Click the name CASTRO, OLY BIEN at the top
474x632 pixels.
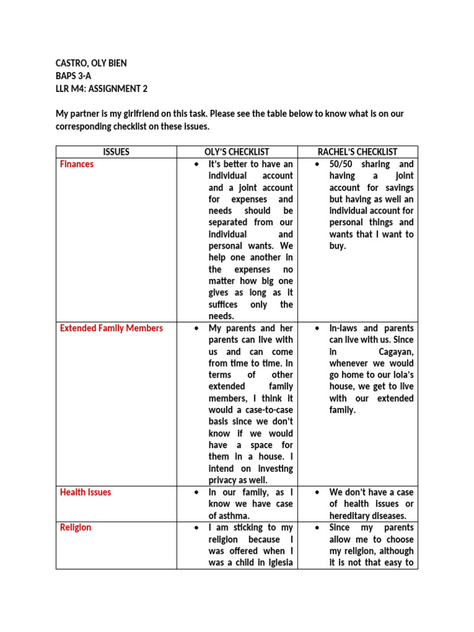(91, 64)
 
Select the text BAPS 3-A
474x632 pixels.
(74, 76)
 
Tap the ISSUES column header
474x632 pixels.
(116, 152)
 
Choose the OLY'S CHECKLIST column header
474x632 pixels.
(237, 152)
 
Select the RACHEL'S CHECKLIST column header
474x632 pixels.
(357, 152)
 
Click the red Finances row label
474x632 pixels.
(77, 164)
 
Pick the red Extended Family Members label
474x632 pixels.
(112, 328)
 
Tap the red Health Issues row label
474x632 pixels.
(86, 493)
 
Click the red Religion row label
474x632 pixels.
(75, 528)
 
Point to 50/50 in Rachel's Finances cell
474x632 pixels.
(343, 164)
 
